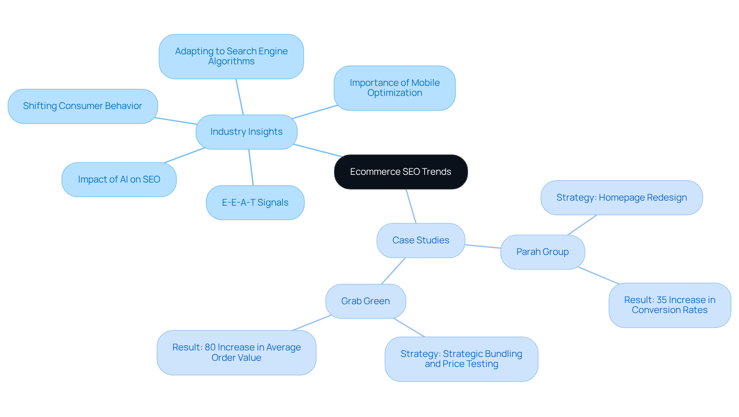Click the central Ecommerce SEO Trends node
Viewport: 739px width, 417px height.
401,172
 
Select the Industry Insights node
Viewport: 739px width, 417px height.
246,132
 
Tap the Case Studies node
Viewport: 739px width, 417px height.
421,240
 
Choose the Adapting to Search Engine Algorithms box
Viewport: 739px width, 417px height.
231,57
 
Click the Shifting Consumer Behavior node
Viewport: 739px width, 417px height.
82,106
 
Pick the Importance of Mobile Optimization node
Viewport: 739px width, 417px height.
395,88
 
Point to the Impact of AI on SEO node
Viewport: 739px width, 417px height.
119,179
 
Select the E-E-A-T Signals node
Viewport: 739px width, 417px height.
255,203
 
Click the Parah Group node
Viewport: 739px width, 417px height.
542,252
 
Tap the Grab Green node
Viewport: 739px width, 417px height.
365,301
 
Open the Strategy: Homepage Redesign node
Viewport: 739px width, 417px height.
621,198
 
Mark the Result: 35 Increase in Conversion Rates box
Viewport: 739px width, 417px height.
669,305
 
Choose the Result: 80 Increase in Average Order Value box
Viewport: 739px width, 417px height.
236,352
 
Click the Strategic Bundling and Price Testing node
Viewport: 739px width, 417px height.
461,359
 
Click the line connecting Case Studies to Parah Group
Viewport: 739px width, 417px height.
483,246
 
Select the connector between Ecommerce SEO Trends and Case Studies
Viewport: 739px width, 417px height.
411,206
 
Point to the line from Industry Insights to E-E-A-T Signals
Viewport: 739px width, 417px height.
251,167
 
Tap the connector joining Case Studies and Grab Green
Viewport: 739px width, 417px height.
393,271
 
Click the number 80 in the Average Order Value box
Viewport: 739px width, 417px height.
210,347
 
